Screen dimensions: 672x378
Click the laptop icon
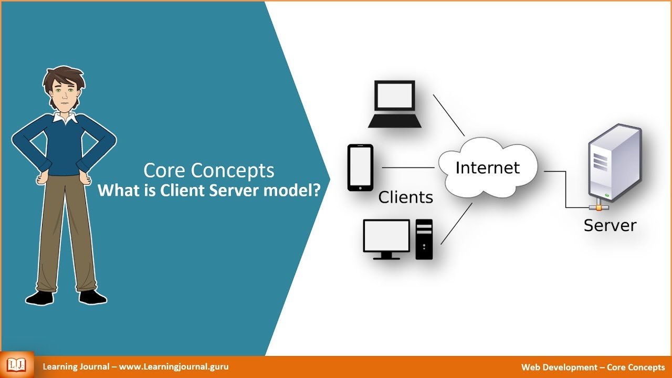click(x=395, y=104)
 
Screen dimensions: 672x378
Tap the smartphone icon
click(x=360, y=167)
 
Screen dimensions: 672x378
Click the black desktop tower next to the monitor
click(x=424, y=239)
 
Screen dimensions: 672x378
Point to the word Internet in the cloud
click(x=488, y=167)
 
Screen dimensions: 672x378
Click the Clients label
click(x=406, y=197)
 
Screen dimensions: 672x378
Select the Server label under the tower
click(x=610, y=225)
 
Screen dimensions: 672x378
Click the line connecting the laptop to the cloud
click(x=449, y=115)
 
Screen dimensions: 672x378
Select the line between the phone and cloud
click(x=408, y=167)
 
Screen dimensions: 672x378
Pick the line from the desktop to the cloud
click(x=456, y=224)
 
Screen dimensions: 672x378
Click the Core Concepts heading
click(x=209, y=171)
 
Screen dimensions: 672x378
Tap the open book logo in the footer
click(x=16, y=365)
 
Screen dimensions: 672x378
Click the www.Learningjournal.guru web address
click(x=174, y=366)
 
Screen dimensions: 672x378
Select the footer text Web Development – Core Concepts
click(x=593, y=367)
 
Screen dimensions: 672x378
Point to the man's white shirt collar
click(x=65, y=118)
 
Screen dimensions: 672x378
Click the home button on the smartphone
click(x=360, y=188)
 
